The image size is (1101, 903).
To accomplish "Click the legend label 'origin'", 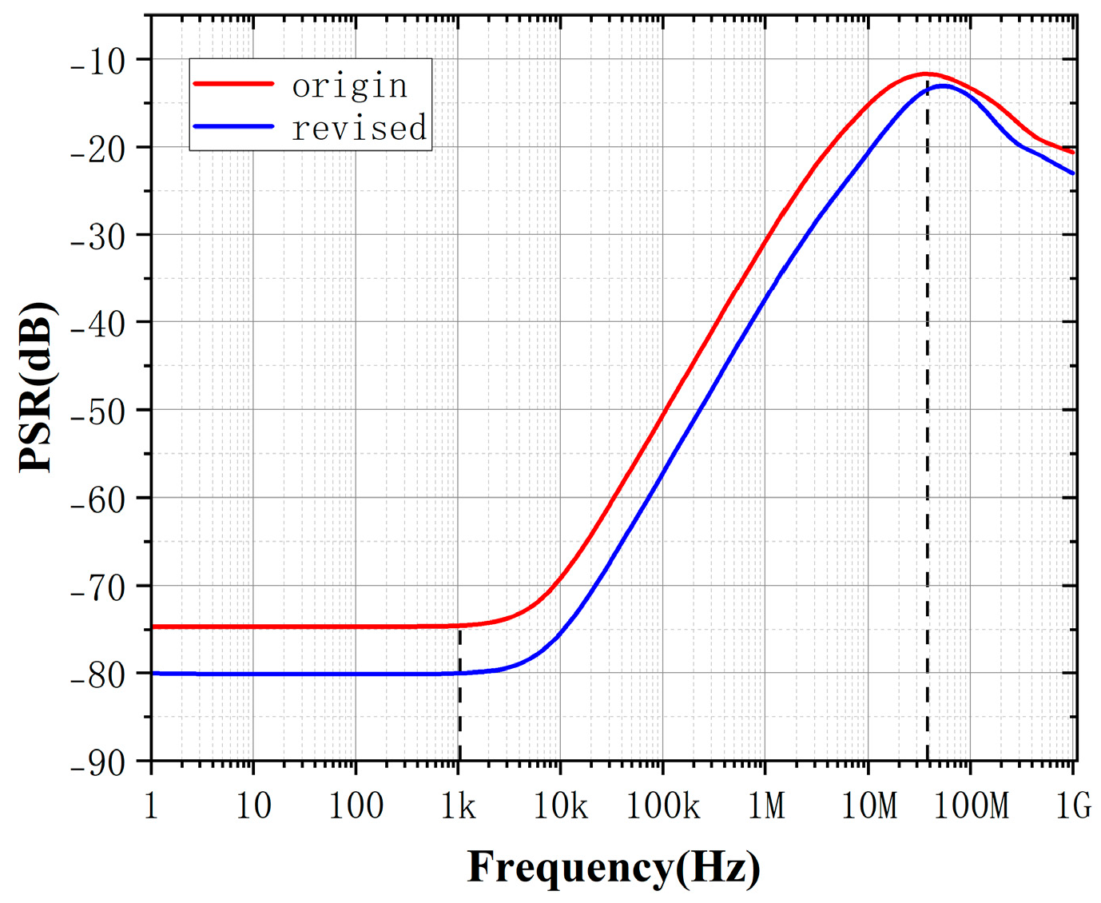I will coord(350,86).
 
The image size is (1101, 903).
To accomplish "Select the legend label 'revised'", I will coord(360,128).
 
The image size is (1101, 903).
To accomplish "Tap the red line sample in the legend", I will coord(233,83).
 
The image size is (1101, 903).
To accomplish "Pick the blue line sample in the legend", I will coord(233,126).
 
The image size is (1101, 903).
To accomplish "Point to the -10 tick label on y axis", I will coord(97,62).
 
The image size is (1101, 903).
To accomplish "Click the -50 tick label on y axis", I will coord(97,412).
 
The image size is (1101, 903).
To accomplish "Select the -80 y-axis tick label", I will coord(97,674).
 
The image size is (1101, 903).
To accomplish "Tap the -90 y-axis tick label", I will coord(97,763).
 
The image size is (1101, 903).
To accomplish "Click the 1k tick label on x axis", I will coord(459,806).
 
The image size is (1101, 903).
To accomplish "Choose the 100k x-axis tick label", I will coord(662,806).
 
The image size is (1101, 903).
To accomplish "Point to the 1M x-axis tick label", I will coord(766,806).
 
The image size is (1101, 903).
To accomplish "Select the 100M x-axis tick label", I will coord(971,806).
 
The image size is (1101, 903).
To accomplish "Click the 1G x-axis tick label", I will coord(1073,806).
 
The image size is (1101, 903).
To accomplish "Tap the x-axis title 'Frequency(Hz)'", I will coord(614,867).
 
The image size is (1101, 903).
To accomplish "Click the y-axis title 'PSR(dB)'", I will coord(37,387).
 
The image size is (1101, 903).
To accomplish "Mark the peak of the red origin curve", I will coord(925,74).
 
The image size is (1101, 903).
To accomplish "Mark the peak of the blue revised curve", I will coord(944,86).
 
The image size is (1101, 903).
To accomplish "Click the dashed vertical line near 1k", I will coord(459,703).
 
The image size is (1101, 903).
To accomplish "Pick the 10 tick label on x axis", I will coord(253,806).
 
